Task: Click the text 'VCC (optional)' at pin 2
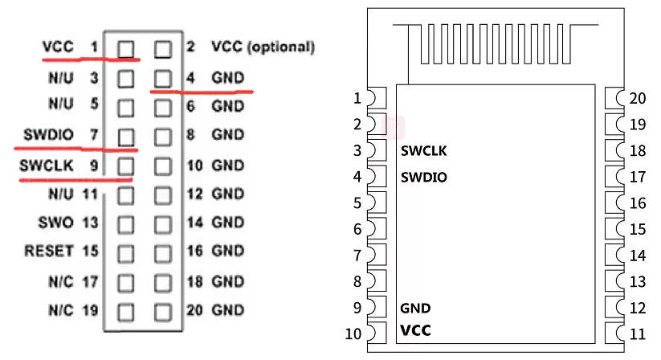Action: click(263, 47)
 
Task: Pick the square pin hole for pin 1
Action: click(125, 49)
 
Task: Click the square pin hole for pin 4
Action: click(163, 78)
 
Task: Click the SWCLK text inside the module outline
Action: click(423, 150)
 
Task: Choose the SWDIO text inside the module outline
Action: click(423, 176)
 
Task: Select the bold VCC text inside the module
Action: click(416, 330)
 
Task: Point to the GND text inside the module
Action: click(415, 308)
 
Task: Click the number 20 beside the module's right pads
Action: click(638, 99)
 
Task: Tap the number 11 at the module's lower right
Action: click(638, 333)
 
